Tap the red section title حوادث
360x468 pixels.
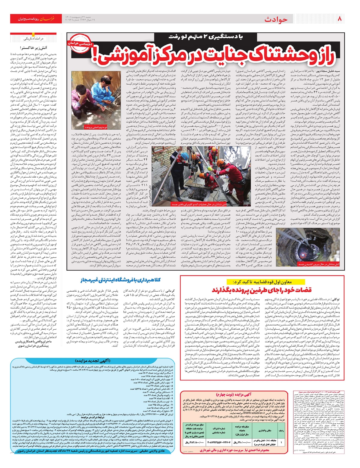(276, 19)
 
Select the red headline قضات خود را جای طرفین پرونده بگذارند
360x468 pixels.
(262, 290)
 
